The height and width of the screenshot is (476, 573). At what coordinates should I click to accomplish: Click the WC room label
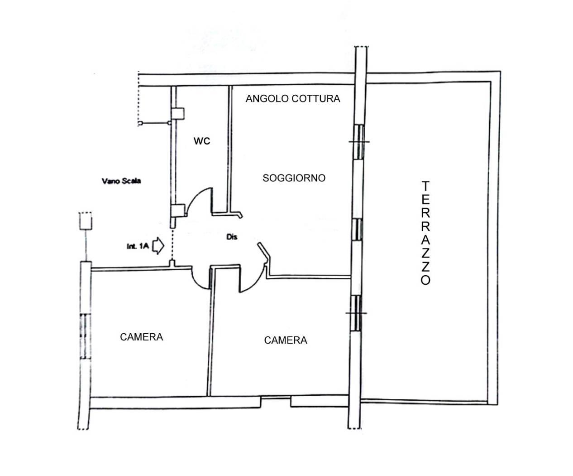(202, 141)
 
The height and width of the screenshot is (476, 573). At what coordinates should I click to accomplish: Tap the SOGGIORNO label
(294, 178)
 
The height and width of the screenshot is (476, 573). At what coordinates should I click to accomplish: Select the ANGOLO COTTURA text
(293, 99)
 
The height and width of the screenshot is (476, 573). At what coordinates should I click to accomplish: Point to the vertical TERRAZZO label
(425, 233)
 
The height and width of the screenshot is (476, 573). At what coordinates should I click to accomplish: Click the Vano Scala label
(121, 181)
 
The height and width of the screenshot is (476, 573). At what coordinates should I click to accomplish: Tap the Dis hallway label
(232, 237)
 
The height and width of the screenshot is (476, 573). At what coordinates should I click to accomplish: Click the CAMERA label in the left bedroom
(142, 337)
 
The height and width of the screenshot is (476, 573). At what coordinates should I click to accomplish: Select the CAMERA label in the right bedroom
(286, 340)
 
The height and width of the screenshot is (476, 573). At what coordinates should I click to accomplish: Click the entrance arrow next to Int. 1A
(158, 245)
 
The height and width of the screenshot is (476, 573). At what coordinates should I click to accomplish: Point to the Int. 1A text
(138, 246)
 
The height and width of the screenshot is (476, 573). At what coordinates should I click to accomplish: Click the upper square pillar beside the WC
(177, 113)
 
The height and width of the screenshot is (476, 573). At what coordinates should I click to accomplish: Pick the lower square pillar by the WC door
(178, 211)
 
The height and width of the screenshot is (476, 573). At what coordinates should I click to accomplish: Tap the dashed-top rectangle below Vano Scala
(86, 221)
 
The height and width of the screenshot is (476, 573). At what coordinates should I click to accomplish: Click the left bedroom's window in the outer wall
(86, 336)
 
